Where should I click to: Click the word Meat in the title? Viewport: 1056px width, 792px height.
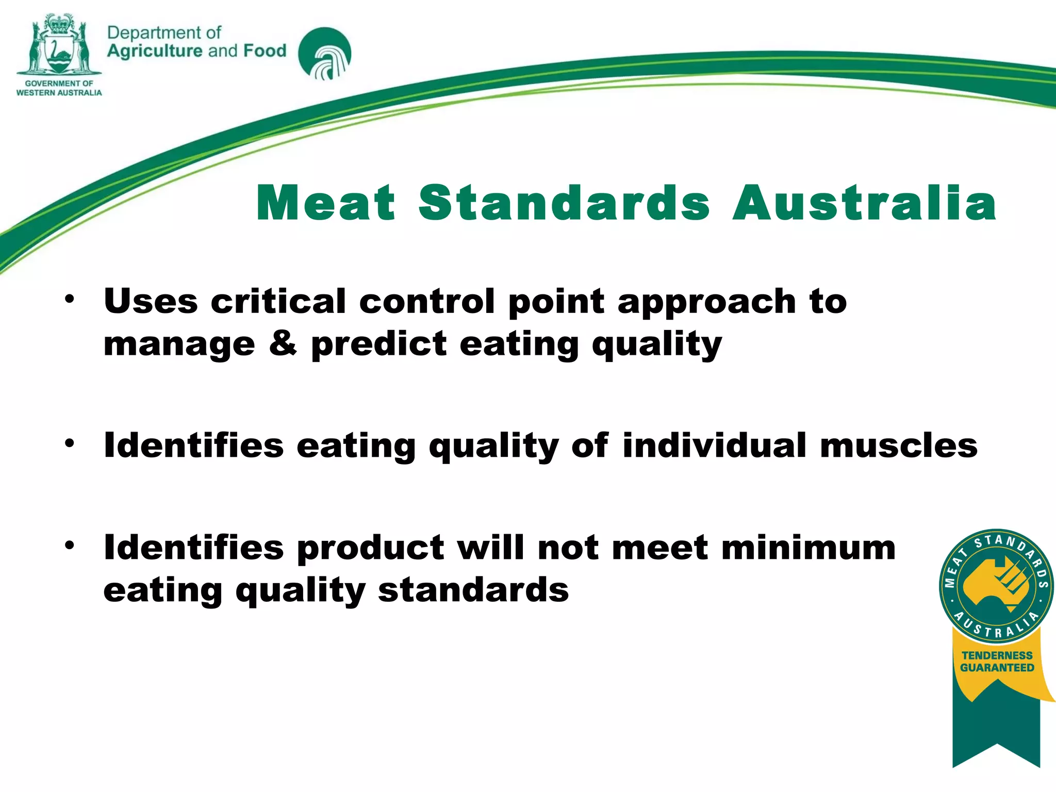pos(325,203)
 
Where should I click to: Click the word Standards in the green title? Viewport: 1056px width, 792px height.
pos(564,203)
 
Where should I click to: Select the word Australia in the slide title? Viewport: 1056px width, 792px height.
pos(865,203)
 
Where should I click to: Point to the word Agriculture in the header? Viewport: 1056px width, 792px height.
pos(155,51)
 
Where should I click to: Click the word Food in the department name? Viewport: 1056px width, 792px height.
pos(265,51)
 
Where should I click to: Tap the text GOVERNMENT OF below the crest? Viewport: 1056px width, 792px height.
pos(59,84)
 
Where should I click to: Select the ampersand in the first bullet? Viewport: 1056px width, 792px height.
pos(283,343)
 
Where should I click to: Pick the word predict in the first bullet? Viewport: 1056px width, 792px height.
pos(379,343)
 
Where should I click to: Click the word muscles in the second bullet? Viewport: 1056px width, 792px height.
pos(898,445)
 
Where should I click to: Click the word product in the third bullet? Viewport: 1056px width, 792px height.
pos(370,548)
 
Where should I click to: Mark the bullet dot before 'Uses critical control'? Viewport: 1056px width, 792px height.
pos(70,299)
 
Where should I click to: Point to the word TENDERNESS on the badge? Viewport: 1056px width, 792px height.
pos(997,655)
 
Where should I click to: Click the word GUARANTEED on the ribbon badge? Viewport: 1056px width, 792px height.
pos(997,668)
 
